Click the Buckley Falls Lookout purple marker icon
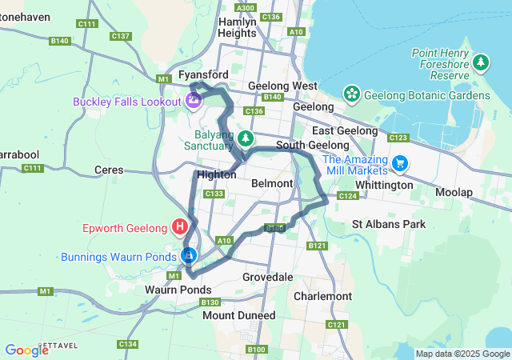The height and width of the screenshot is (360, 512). pyautogui.click(x=193, y=101)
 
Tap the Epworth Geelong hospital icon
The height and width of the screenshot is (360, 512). pyautogui.click(x=181, y=226)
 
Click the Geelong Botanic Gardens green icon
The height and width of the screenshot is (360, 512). pyautogui.click(x=351, y=94)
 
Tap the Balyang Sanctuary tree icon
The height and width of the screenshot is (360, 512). pyautogui.click(x=248, y=138)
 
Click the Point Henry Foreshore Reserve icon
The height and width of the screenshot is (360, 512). pyautogui.click(x=481, y=62)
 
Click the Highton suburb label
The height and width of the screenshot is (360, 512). pyautogui.click(x=216, y=174)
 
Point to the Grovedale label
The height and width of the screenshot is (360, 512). pyautogui.click(x=267, y=277)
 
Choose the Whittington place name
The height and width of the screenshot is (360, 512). pyautogui.click(x=383, y=185)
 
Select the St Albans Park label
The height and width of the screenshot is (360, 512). pyautogui.click(x=389, y=225)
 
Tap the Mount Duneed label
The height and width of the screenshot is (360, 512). pyautogui.click(x=238, y=315)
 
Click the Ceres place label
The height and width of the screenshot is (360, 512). pyautogui.click(x=109, y=170)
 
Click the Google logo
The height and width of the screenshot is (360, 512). pyautogui.click(x=26, y=350)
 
